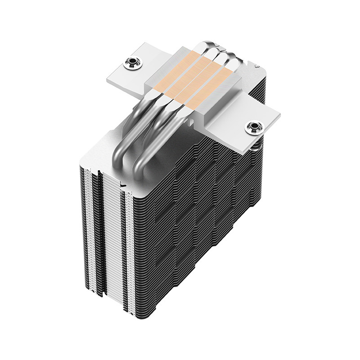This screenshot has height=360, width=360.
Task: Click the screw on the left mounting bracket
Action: (x=133, y=63)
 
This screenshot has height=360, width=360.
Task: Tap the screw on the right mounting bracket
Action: (x=253, y=127)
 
